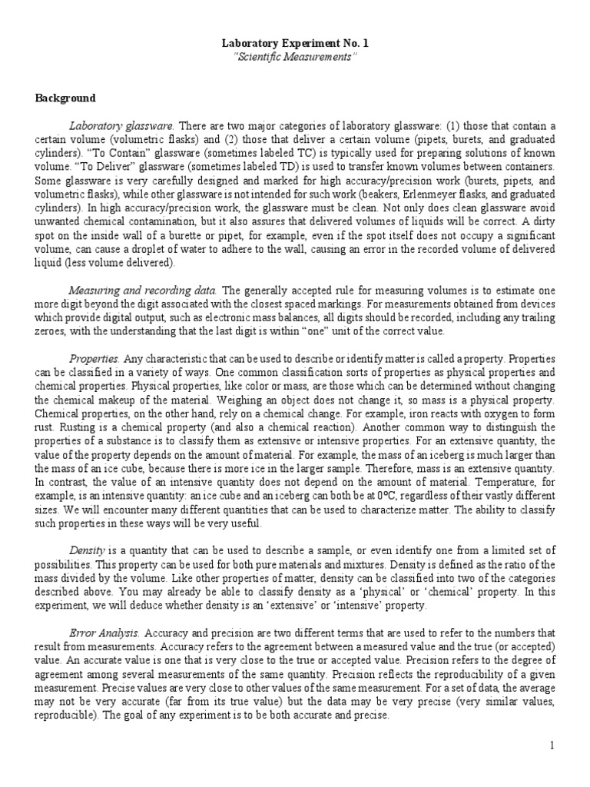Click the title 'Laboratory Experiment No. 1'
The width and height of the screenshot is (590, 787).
(295, 45)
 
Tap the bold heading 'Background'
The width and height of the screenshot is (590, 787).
(65, 98)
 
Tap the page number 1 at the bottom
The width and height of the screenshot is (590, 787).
(551, 745)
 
